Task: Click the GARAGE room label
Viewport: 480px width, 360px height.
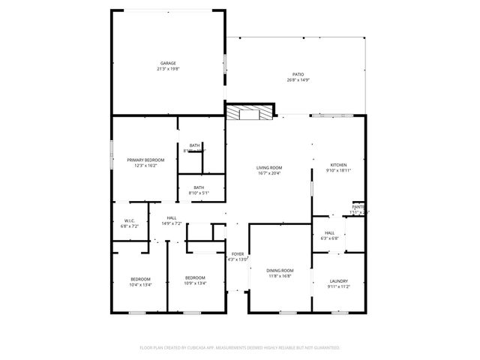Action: click(x=167, y=63)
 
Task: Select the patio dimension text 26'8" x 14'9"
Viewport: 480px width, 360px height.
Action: click(x=298, y=79)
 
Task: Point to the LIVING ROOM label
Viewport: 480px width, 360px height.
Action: click(x=268, y=167)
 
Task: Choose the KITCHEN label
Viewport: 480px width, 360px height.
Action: click(x=339, y=165)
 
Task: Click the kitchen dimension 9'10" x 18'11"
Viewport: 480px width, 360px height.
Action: click(x=339, y=171)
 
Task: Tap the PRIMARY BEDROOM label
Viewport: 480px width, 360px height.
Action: click(x=145, y=160)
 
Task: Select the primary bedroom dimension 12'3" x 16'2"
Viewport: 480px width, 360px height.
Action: click(x=145, y=166)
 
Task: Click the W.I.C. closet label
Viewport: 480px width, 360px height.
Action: click(x=130, y=220)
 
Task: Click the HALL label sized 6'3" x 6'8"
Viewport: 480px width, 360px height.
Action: click(x=329, y=232)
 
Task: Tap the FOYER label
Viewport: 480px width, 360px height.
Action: click(x=237, y=254)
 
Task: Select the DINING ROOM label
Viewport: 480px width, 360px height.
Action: click(x=280, y=270)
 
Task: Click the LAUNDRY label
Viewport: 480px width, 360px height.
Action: click(x=338, y=281)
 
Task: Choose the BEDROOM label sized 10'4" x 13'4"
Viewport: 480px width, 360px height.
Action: click(x=140, y=278)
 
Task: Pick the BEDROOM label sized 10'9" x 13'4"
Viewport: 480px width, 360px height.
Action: click(x=195, y=278)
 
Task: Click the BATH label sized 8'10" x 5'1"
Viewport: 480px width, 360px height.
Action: click(x=199, y=187)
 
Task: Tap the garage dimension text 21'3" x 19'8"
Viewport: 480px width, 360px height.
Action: click(x=167, y=69)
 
